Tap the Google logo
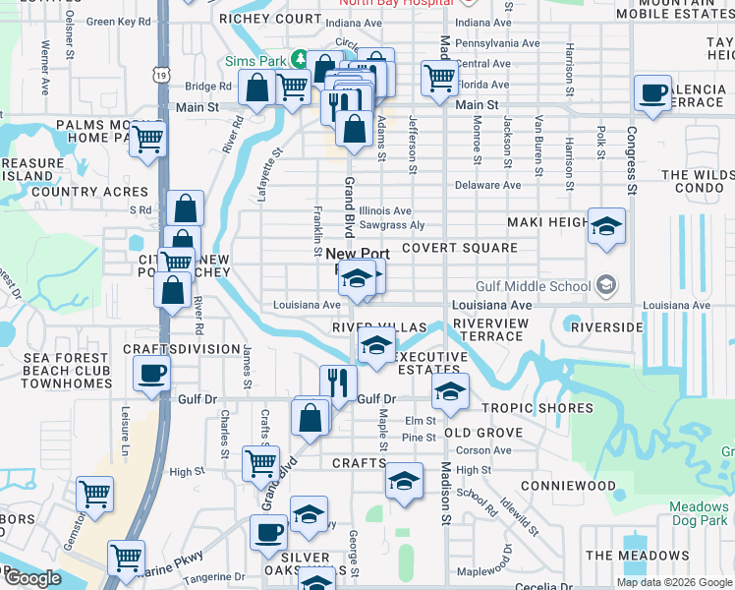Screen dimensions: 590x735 pos(32,577)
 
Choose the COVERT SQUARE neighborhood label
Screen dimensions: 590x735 pos(459,249)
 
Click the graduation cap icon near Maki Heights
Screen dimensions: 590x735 pos(606,226)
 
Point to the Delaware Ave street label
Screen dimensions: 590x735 pos(488,185)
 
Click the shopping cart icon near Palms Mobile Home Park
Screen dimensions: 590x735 pos(147,139)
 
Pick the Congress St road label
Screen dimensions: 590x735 pos(631,157)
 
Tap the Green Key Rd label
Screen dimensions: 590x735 pos(120,21)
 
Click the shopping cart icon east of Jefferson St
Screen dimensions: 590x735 pos(439,78)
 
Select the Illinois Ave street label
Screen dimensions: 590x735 pos(384,210)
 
